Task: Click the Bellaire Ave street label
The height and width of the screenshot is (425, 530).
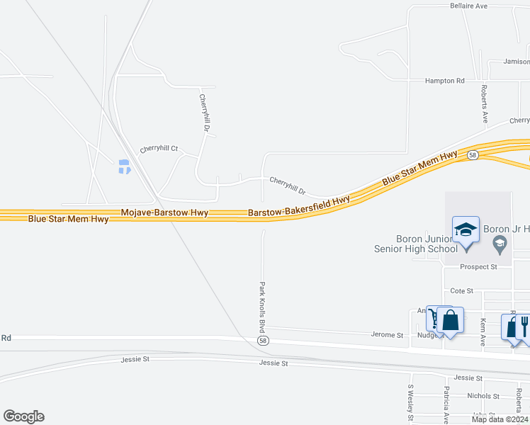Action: [469, 6]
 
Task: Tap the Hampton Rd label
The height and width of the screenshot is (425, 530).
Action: [444, 81]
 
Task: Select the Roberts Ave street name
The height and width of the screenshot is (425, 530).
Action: [484, 104]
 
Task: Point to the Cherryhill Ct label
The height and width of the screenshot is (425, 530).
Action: [159, 149]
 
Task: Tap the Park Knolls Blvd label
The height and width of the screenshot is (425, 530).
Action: [262, 307]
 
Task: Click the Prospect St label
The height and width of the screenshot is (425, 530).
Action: [479, 267]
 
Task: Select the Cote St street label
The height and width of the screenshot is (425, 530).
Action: [461, 291]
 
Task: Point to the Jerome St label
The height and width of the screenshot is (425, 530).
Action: [387, 335]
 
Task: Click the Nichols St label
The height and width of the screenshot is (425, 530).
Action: [484, 396]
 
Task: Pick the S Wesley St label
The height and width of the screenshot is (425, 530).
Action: [410, 402]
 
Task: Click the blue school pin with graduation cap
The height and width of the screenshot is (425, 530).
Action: [466, 231]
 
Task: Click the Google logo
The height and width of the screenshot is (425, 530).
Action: [23, 416]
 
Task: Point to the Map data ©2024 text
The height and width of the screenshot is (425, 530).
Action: [500, 419]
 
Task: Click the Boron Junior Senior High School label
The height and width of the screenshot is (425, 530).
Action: [417, 244]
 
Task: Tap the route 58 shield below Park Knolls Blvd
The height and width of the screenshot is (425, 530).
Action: [264, 341]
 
